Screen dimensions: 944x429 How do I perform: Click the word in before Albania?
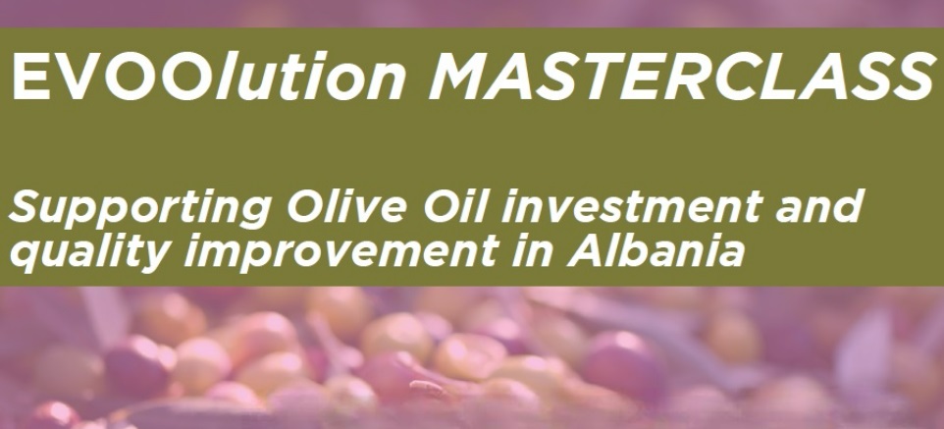tap(531, 251)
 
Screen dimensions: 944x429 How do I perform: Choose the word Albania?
tap(656, 251)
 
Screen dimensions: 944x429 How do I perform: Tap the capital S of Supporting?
tap(28, 206)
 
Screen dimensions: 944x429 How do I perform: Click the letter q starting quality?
tap(27, 256)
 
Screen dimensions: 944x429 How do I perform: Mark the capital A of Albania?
tap(586, 251)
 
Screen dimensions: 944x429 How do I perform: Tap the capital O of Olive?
tap(306, 206)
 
